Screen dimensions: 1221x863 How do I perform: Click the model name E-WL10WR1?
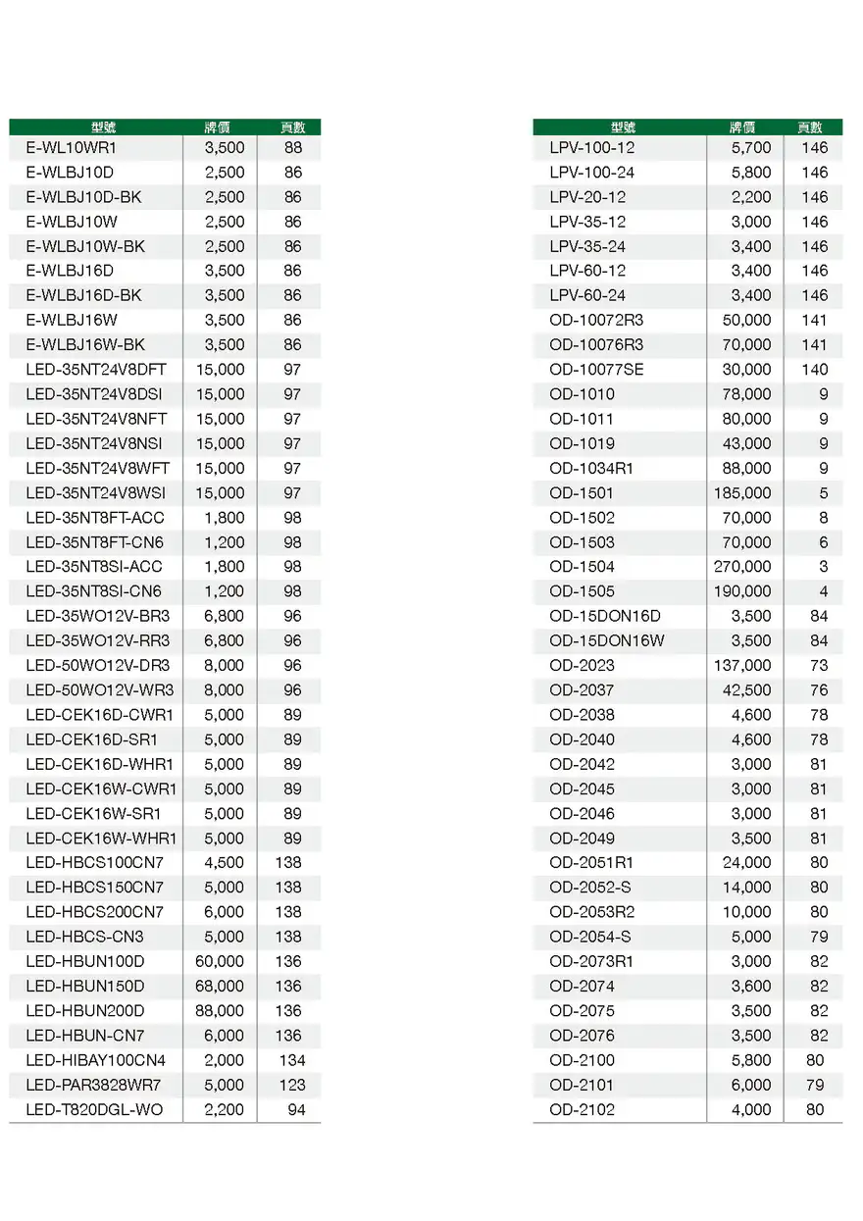[72, 148]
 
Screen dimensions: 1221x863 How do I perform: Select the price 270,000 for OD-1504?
[742, 567]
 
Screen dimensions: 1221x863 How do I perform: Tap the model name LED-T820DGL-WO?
[94, 1110]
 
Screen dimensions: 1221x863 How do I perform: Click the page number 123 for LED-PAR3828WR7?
[291, 1086]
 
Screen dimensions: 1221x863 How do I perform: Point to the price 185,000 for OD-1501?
[742, 493]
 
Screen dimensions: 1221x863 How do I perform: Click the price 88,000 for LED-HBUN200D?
[220, 1011]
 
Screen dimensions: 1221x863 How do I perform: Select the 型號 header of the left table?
[103, 127]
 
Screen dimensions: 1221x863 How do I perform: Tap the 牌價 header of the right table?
[742, 127]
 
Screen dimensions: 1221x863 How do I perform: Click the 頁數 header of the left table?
[292, 127]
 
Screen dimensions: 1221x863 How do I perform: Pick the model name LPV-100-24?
[591, 173]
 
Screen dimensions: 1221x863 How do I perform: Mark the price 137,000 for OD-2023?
[742, 666]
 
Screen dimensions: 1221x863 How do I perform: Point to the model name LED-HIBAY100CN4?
[96, 1061]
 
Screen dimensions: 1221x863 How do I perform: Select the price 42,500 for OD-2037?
[746, 690]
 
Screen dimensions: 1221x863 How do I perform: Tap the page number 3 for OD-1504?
[824, 567]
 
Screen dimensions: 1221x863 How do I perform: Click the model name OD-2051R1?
[591, 863]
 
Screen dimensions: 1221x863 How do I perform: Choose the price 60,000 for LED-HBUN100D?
[220, 962]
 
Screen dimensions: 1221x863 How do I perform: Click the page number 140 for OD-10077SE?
[814, 370]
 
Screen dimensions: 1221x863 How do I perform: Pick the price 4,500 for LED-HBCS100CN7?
[225, 863]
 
